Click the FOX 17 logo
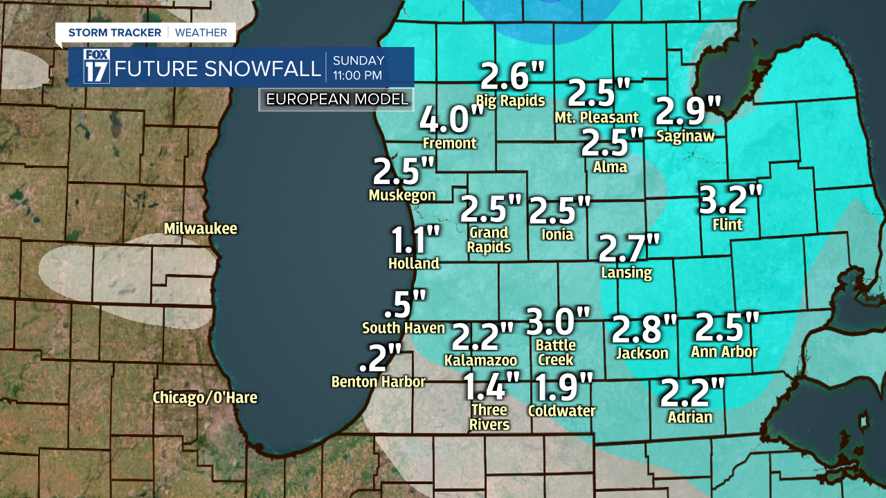pyautogui.click(x=96, y=66)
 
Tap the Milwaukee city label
pyautogui.click(x=201, y=229)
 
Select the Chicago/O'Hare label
pyautogui.click(x=205, y=398)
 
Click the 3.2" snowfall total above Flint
pyautogui.click(x=730, y=201)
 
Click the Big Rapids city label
pyautogui.click(x=511, y=100)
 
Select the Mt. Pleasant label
pyautogui.click(x=597, y=118)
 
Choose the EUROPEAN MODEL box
pyautogui.click(x=337, y=100)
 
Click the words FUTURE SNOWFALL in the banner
pyautogui.click(x=218, y=68)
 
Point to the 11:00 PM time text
pyautogui.click(x=359, y=75)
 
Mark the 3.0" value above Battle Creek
pyautogui.click(x=559, y=321)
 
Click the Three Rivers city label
pyautogui.click(x=489, y=417)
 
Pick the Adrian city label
pyautogui.click(x=690, y=417)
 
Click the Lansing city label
pyautogui.click(x=627, y=273)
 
